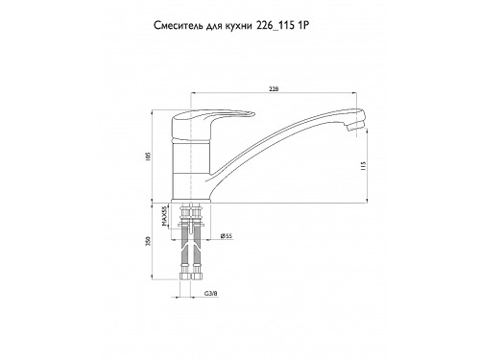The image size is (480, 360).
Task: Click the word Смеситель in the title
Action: click(x=177, y=26)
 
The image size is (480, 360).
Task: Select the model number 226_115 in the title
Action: click(x=276, y=26)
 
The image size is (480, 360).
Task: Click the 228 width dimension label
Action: click(x=274, y=89)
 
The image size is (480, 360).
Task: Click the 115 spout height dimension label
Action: click(x=363, y=165)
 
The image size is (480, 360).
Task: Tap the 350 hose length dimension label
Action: click(x=148, y=241)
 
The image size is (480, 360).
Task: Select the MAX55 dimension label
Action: click(x=164, y=216)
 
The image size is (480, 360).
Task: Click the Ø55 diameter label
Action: click(x=227, y=236)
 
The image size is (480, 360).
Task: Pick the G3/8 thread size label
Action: click(x=211, y=293)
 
